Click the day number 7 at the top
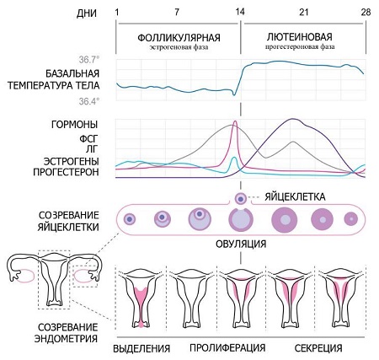coord(176,13)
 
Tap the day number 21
coord(303,13)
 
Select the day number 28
coord(366,13)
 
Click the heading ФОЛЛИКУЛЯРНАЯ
coord(179,37)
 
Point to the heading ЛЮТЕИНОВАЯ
coord(300,37)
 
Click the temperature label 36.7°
coord(89,60)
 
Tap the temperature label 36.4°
coord(89,101)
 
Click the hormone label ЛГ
coord(93,149)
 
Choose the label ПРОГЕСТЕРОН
coord(66,172)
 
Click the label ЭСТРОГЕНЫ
coord(72,161)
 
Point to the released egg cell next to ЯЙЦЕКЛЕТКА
coord(241,199)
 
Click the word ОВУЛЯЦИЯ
coord(241,244)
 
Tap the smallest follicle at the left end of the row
coord(130,218)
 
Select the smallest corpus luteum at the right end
coord(351,218)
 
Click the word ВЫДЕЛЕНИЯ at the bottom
coord(141,348)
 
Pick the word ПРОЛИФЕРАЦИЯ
coord(227,347)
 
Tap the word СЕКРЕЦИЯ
coord(318,348)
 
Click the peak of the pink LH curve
coord(235,121)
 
